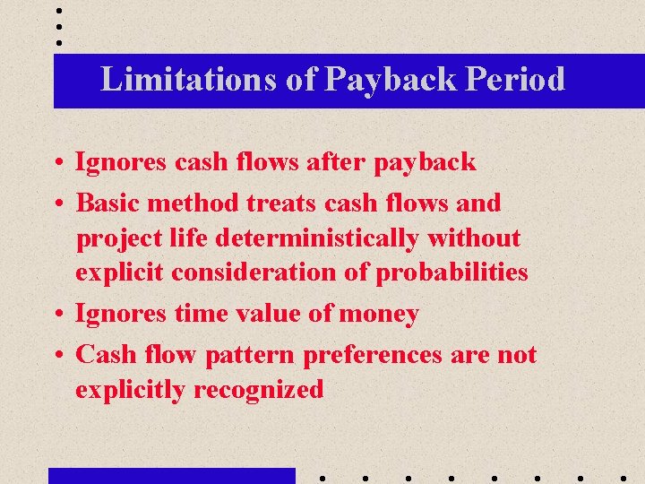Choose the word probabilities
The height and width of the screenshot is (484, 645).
pyautogui.click(x=451, y=272)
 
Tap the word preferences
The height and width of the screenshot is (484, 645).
pyautogui.click(x=373, y=355)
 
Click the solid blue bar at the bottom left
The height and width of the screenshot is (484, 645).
pyautogui.click(x=171, y=476)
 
